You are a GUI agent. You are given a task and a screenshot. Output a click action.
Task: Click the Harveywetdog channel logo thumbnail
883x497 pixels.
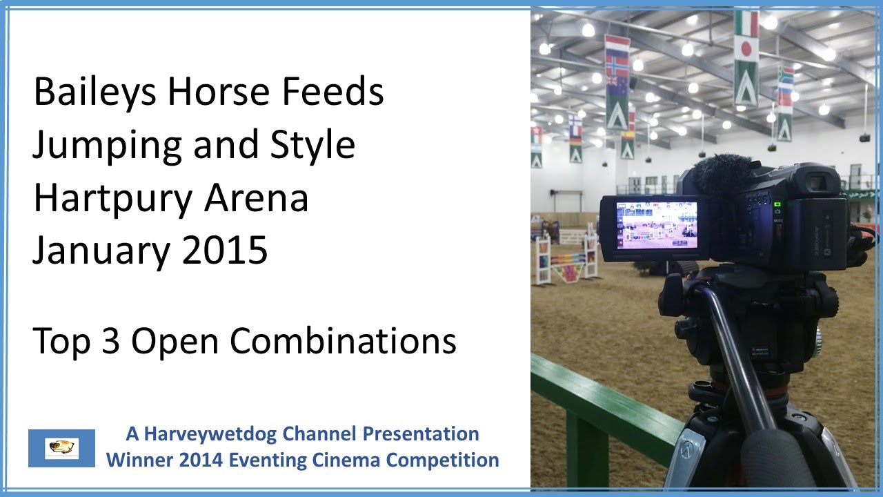61,448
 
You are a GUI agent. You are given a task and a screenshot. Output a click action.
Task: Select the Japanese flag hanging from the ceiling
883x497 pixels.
746,50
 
